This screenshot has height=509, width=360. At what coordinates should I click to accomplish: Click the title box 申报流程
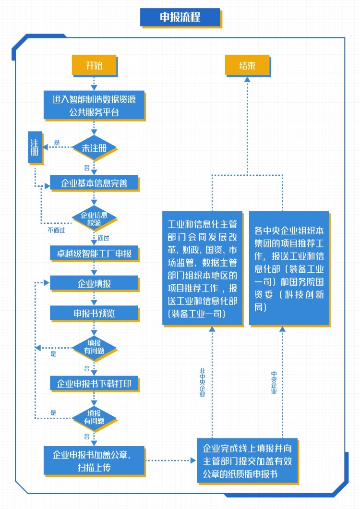(x=180, y=17)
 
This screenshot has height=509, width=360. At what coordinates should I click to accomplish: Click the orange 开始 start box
(x=94, y=65)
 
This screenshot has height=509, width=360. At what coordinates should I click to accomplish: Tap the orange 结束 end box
(x=247, y=65)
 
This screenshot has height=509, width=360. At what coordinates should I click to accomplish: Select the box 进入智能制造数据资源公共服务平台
(x=94, y=105)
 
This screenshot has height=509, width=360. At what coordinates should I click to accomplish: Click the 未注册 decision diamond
(x=94, y=148)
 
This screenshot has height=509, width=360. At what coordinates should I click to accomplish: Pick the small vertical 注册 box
(x=35, y=147)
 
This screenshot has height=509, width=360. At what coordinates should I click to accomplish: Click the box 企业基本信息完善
(x=94, y=183)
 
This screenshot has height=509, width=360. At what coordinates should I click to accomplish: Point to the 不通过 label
(x=56, y=230)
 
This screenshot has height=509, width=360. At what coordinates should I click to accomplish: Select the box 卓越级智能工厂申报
(x=94, y=253)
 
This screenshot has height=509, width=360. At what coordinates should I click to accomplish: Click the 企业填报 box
(x=94, y=283)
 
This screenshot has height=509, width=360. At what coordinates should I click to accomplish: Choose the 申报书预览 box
(x=94, y=313)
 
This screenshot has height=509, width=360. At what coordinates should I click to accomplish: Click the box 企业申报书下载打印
(x=94, y=384)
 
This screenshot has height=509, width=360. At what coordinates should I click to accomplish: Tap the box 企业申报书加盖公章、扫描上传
(x=94, y=461)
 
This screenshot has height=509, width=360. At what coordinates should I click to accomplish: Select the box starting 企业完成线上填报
(x=247, y=461)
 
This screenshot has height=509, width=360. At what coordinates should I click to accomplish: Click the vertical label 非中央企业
(x=202, y=382)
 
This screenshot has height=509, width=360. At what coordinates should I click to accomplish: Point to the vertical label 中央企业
(x=274, y=382)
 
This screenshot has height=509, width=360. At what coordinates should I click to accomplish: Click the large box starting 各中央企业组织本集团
(x=289, y=268)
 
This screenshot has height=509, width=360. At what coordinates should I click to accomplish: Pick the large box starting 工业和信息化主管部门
(x=202, y=268)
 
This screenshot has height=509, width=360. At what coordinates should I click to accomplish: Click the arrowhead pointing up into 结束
(x=247, y=79)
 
